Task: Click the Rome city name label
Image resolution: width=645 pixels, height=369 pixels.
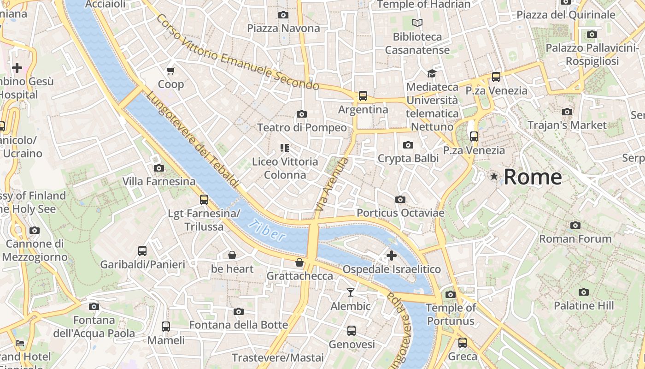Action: (x=533, y=177)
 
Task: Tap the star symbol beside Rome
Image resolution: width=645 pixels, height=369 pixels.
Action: (x=494, y=176)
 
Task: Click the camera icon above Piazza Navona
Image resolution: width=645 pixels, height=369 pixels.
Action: (x=283, y=15)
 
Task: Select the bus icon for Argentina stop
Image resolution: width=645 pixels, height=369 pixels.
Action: (x=363, y=96)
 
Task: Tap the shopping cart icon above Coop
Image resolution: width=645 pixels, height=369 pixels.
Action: (x=171, y=71)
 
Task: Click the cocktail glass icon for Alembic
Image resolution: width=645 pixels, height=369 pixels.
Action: (x=351, y=292)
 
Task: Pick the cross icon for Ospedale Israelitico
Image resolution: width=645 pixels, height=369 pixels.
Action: (x=392, y=256)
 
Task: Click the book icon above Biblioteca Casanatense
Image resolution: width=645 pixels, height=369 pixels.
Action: (x=417, y=23)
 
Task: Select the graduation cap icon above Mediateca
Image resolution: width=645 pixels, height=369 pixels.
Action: (x=432, y=73)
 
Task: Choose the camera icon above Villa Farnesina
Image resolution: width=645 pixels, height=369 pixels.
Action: (x=159, y=168)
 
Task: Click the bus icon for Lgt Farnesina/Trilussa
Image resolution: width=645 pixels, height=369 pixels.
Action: (x=204, y=200)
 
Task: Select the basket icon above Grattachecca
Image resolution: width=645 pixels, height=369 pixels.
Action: (x=299, y=262)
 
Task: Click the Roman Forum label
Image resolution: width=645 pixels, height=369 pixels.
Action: (x=575, y=239)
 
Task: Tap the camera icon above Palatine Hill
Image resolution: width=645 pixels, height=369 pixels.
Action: (x=584, y=292)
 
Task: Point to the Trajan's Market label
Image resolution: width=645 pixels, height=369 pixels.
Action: (x=567, y=125)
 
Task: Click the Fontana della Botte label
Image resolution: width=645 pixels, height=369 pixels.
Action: (x=239, y=325)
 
